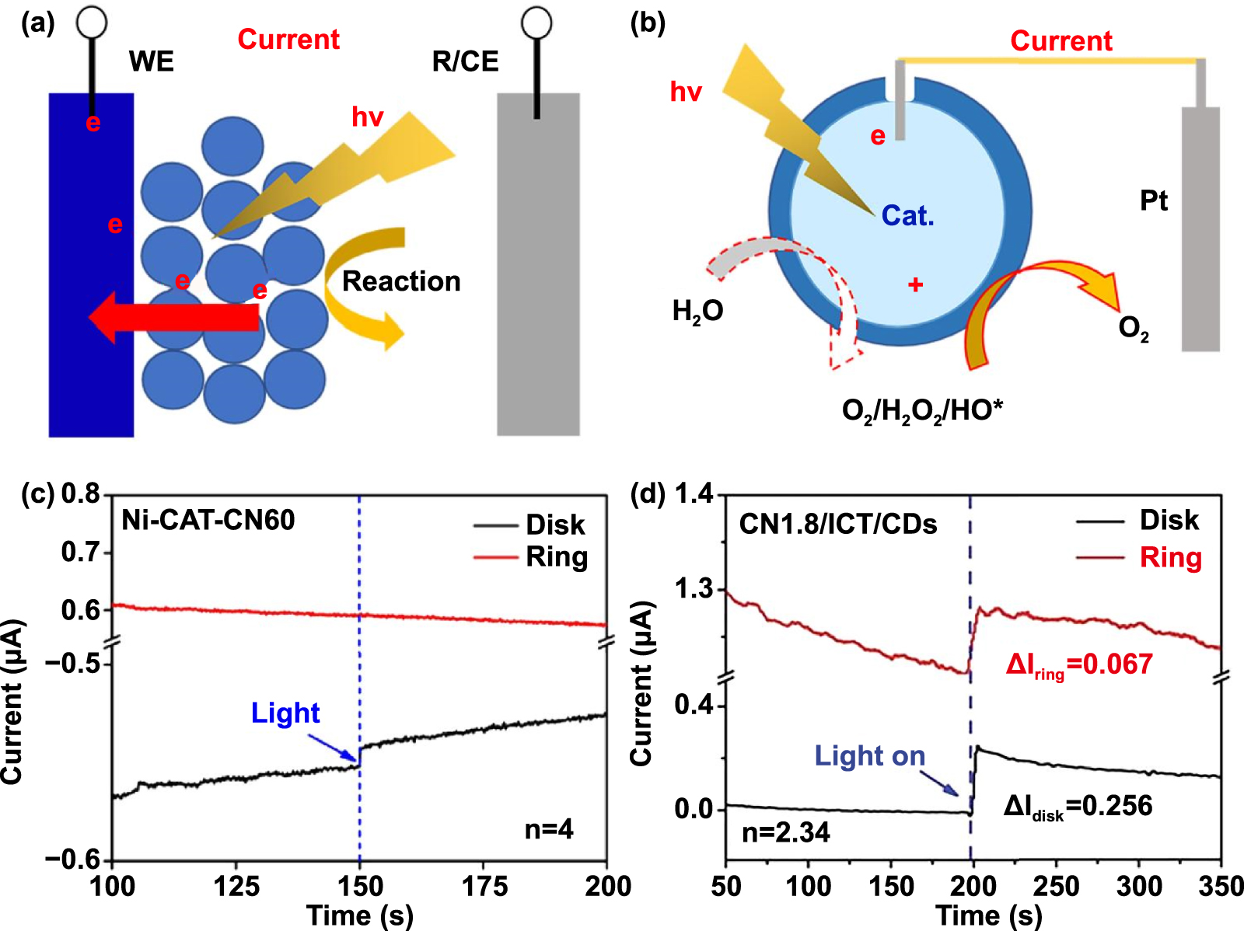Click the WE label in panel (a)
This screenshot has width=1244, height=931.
tap(151, 61)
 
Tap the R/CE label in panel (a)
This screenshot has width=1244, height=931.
tap(465, 61)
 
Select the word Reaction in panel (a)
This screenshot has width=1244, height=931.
tap(401, 281)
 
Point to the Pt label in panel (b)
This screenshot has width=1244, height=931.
tap(1153, 201)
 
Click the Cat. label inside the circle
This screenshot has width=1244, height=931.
tap(907, 216)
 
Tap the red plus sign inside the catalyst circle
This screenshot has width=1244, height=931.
tap(915, 285)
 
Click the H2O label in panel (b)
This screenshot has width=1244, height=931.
tap(697, 312)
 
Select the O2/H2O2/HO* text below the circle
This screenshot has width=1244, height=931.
tap(922, 410)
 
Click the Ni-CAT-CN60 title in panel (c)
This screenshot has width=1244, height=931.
tap(208, 520)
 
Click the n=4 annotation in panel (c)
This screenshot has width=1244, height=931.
tap(549, 829)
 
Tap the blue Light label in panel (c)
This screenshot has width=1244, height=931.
tap(285, 713)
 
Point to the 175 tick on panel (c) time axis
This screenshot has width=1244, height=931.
tap(484, 887)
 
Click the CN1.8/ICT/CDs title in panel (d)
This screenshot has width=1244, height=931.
tap(837, 525)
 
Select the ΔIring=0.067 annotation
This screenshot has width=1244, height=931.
tap(1078, 665)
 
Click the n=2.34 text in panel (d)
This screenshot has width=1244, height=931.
tap(786, 833)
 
